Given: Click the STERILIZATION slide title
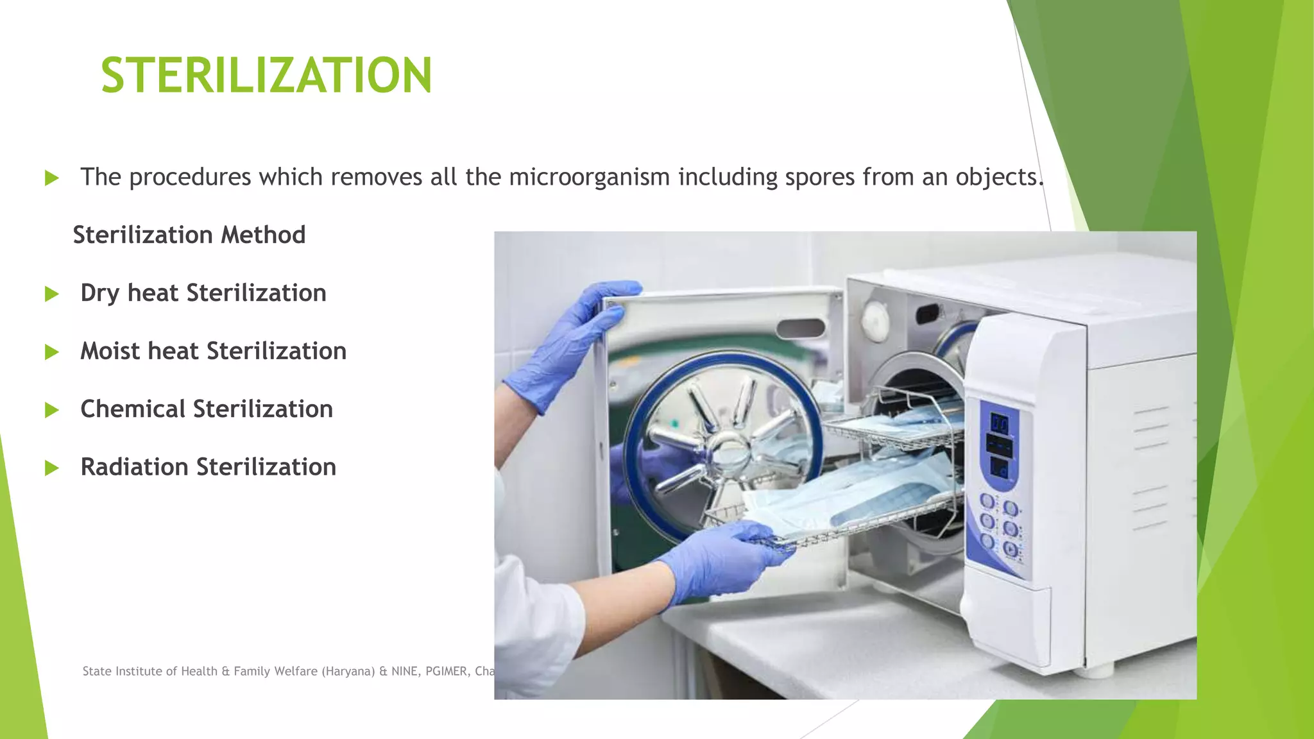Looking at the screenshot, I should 266,76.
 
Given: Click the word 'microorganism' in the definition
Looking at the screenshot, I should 589,177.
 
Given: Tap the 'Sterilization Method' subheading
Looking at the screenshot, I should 189,235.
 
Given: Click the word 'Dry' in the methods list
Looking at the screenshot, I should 99,293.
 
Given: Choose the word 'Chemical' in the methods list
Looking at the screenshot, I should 132,409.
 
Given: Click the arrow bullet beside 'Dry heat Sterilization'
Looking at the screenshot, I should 52,294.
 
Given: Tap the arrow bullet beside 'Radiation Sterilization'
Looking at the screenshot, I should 52,468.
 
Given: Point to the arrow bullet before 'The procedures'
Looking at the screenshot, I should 52,178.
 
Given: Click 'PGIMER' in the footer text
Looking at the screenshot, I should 446,671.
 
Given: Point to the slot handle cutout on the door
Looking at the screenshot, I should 800,328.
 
